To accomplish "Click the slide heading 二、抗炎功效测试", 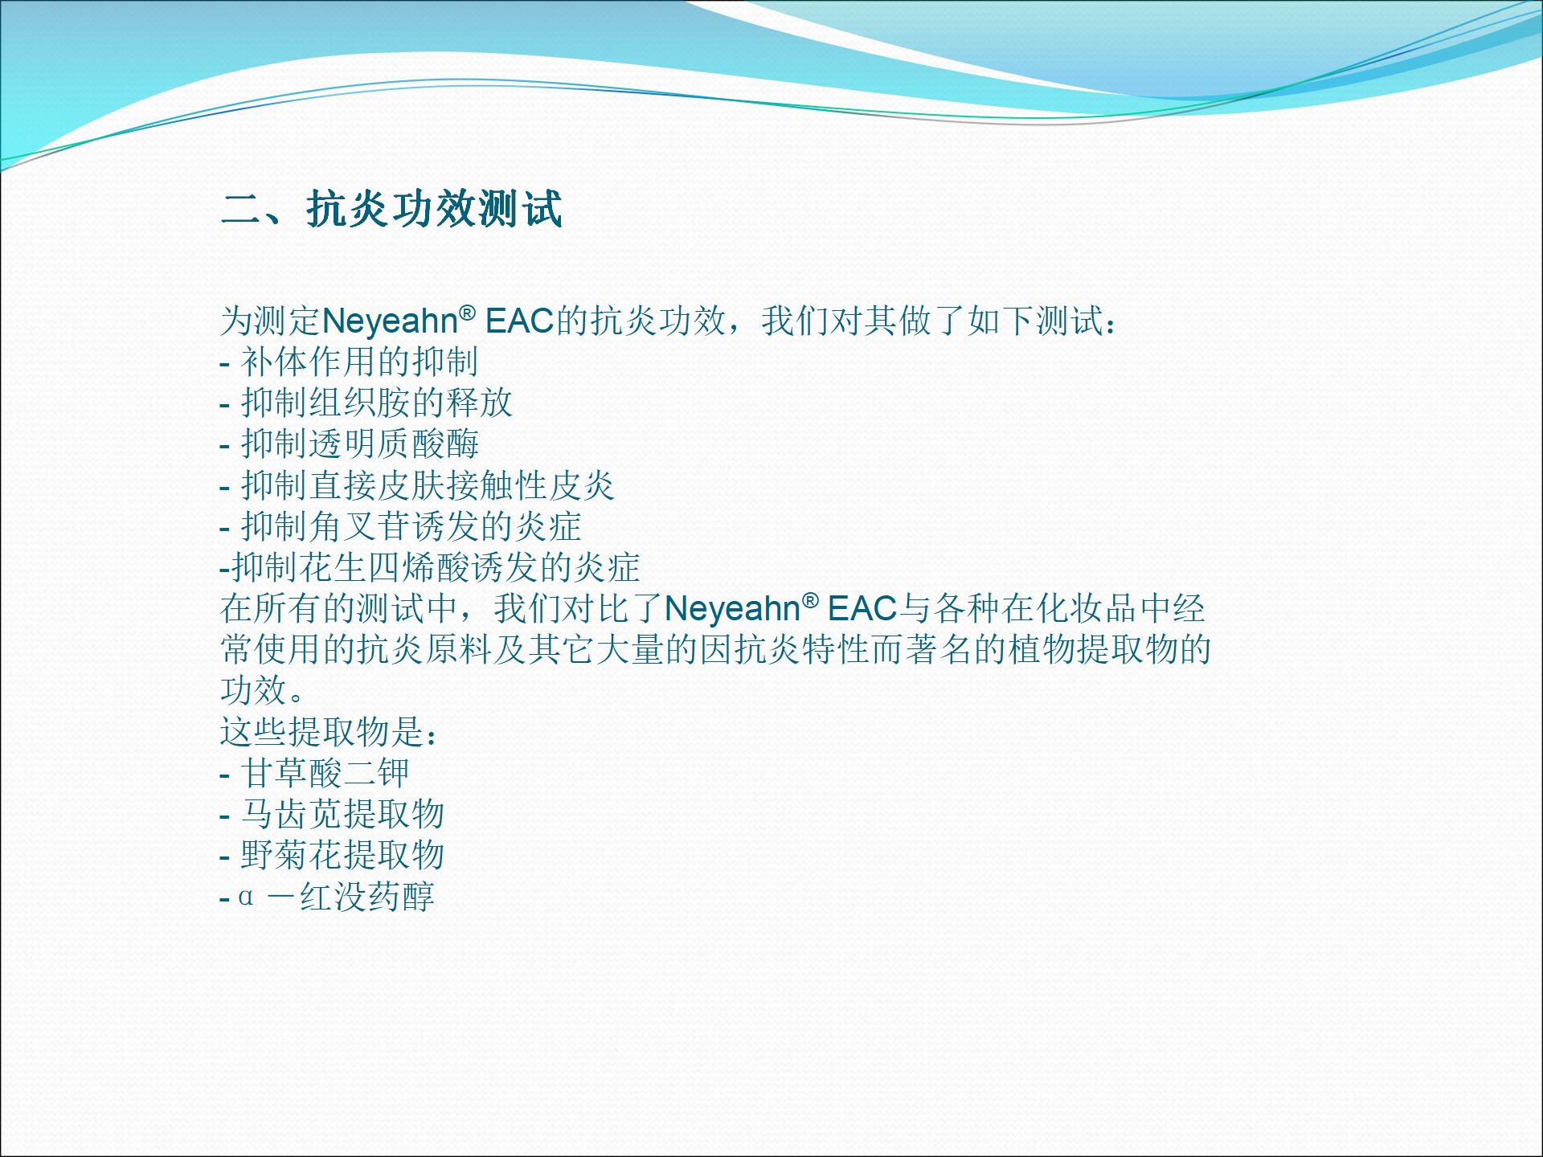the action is [x=391, y=210].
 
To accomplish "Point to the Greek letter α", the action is [x=246, y=897].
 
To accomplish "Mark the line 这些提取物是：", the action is [x=330, y=732].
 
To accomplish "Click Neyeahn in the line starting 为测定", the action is [x=390, y=321].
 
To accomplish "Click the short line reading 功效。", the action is [x=263, y=690].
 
